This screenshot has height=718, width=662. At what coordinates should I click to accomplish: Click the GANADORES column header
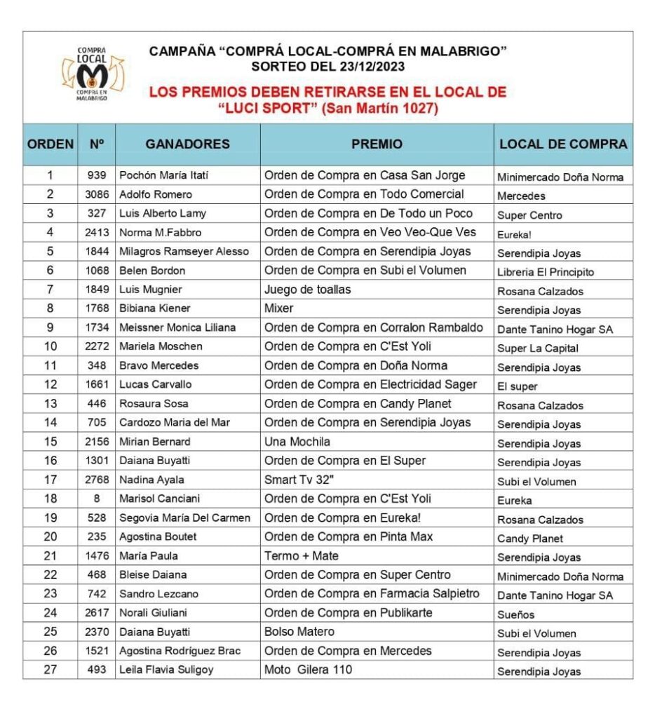tap(187, 144)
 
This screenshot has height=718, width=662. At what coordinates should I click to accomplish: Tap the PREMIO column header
tap(377, 144)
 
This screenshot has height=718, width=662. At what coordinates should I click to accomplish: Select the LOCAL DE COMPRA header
tap(563, 144)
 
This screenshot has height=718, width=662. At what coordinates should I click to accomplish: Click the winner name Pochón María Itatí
tap(164, 175)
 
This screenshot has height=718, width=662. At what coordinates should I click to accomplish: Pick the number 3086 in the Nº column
tap(97, 194)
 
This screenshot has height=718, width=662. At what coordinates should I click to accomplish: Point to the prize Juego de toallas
tap(307, 289)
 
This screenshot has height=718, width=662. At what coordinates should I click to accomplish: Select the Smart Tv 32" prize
tap(300, 480)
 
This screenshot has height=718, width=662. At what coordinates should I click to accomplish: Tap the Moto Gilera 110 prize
tap(308, 670)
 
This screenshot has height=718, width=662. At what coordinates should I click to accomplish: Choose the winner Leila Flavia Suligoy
tap(166, 670)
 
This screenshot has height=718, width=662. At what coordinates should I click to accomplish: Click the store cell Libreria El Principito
tap(546, 272)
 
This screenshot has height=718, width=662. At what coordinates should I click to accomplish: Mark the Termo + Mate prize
tap(301, 556)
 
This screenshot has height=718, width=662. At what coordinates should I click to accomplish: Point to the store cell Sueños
tap(515, 615)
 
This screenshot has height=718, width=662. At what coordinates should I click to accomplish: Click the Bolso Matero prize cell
tap(299, 632)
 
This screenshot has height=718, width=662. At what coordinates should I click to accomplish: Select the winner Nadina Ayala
tap(151, 480)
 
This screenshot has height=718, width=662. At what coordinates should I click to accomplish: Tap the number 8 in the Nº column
tap(97, 499)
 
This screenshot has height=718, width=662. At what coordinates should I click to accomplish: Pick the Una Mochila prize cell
tap(297, 442)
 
